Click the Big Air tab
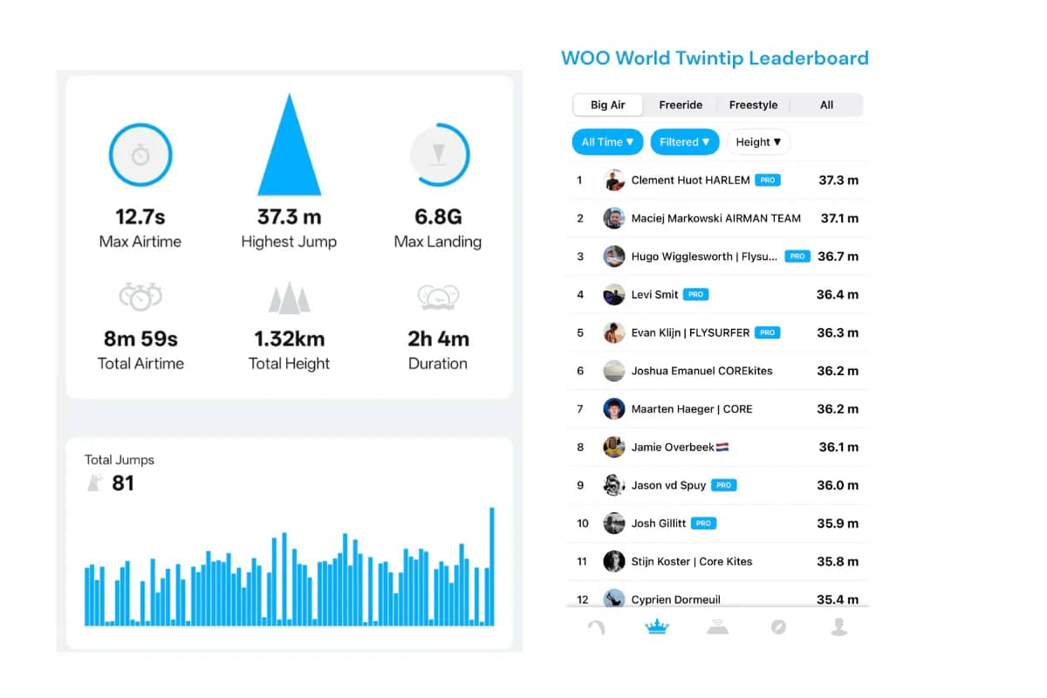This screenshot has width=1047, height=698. click(608, 105)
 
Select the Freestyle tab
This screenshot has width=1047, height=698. click(753, 105)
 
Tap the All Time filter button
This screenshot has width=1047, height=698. click(607, 142)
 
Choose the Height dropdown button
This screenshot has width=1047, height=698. click(758, 142)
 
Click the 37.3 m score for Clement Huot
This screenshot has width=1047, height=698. click(838, 181)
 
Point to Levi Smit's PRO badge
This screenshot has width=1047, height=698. click(695, 295)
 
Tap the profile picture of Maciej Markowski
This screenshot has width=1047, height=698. click(613, 218)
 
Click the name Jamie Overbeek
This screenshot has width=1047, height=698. click(672, 448)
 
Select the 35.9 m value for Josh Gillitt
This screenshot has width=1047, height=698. click(838, 523)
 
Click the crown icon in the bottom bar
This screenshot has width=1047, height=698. click(655, 626)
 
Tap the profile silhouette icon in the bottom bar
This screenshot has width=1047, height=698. click(838, 626)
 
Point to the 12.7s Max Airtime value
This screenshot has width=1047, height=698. click(140, 216)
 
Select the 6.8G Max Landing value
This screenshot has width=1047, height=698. click(437, 216)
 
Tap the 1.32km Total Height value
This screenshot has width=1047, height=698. click(289, 339)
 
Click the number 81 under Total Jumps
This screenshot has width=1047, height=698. click(123, 482)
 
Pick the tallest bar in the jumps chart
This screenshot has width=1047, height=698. click(492, 566)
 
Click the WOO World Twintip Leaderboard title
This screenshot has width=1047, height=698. click(715, 58)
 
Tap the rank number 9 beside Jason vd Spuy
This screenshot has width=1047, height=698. click(580, 485)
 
